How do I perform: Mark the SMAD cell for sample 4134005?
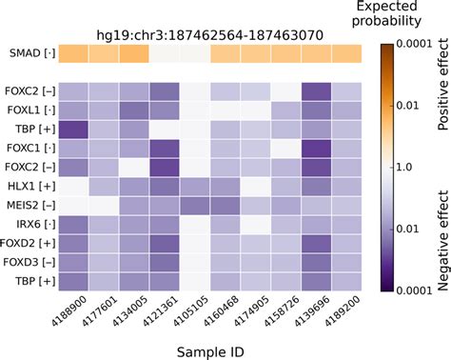[x=134, y=54]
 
